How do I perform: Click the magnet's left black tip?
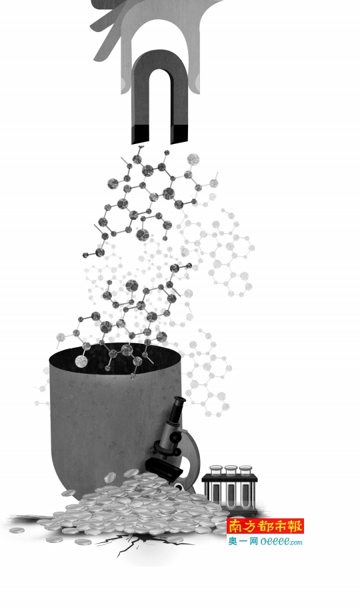(x=141, y=135)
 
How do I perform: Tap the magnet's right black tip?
(x=179, y=135)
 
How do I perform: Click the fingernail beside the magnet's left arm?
(x=123, y=83)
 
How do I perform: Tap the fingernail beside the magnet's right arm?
(x=198, y=81)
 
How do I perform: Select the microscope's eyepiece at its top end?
(x=179, y=400)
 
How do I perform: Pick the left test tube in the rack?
(x=216, y=486)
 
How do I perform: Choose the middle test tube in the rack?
(x=231, y=486)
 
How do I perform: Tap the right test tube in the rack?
(x=245, y=486)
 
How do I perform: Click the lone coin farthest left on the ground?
(x=17, y=530)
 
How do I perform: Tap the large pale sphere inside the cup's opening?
(x=81, y=361)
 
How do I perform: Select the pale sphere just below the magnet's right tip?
(x=193, y=159)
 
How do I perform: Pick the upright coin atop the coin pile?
(x=110, y=477)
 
